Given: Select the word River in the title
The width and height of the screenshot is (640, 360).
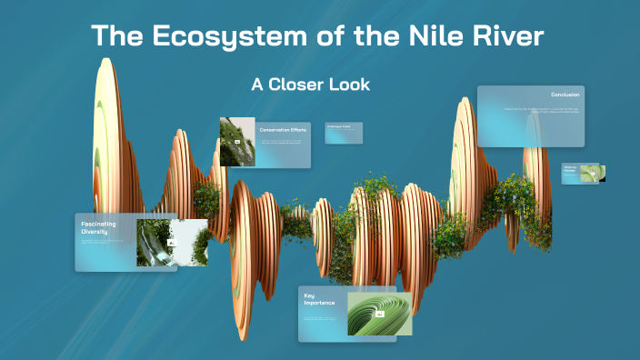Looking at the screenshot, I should coord(499,37).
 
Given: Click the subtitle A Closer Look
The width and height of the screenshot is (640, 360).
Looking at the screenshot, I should coord(310,84).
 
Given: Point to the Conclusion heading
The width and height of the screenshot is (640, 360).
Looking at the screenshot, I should coord(565,95).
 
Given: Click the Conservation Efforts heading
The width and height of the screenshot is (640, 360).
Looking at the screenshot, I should coord(283,130).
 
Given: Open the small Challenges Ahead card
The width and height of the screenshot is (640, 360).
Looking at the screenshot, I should coord(344,133).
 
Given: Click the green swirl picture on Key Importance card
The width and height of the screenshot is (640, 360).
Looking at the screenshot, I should coord(380,314).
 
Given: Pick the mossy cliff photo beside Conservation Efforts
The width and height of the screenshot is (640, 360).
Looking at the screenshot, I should coord(236,142).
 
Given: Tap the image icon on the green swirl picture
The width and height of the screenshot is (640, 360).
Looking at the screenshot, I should coord(380,314).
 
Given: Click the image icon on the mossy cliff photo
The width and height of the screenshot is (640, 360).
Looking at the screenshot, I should coord(237,143).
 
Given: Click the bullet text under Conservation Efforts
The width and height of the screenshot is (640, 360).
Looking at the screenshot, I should coord(282,143).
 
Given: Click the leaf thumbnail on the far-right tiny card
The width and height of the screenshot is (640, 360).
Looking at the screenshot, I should coord(591,173).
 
